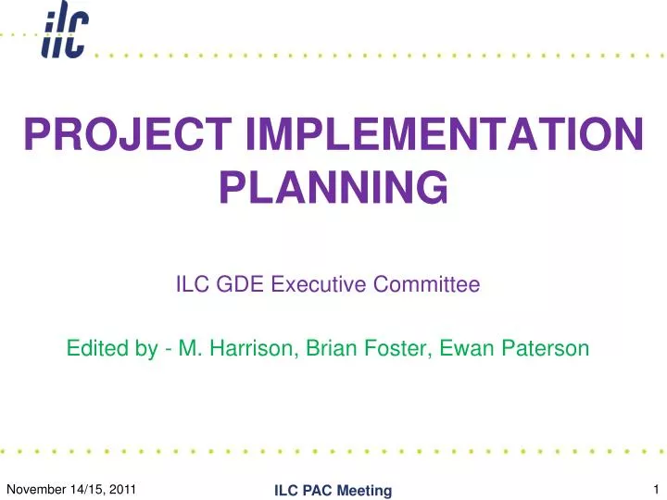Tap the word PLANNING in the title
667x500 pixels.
click(333, 189)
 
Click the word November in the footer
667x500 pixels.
click(36, 488)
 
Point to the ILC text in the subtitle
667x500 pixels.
click(192, 286)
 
